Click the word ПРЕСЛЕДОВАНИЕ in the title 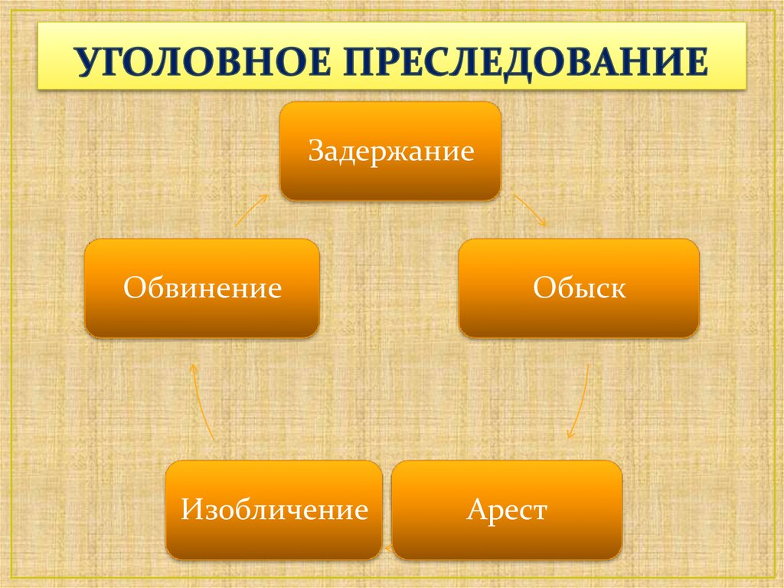(525, 63)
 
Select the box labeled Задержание (390, 151)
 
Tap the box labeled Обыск (579, 288)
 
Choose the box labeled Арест (507, 510)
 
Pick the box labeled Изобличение (274, 510)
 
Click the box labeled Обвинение (202, 288)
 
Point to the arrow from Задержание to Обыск (530, 210)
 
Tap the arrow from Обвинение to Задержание (251, 210)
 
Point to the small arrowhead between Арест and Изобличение (387, 550)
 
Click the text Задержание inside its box (391, 151)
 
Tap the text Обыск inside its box (579, 287)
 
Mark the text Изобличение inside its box (275, 509)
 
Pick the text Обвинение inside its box (202, 287)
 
